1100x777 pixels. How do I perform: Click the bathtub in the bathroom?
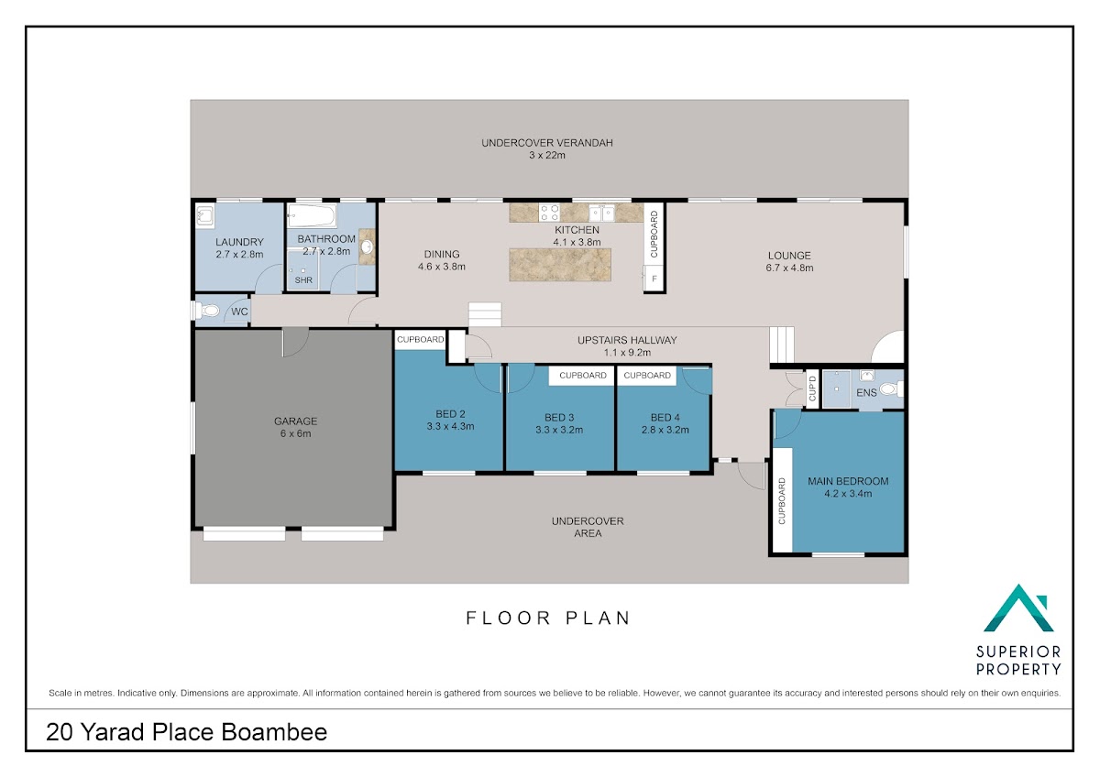tap(312, 215)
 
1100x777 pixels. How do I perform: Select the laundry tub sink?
tap(204, 216)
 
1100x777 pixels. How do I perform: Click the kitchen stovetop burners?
tap(549, 213)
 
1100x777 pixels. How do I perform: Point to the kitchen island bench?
tap(560, 265)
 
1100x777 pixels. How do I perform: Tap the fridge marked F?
tap(654, 279)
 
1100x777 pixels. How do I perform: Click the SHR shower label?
tap(303, 280)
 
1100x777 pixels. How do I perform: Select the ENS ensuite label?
tap(866, 393)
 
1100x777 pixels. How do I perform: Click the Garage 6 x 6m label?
tap(295, 427)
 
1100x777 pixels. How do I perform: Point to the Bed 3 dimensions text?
tap(559, 430)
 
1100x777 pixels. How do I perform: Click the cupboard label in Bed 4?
tap(647, 376)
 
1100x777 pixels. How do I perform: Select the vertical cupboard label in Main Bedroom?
tap(782, 500)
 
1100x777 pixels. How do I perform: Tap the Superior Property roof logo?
tap(1018, 608)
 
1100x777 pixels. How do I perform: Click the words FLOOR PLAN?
tap(548, 618)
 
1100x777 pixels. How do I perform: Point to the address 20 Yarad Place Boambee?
tap(187, 732)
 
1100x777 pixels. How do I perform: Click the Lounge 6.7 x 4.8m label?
tap(789, 262)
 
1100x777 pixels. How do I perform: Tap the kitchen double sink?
tap(601, 213)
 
